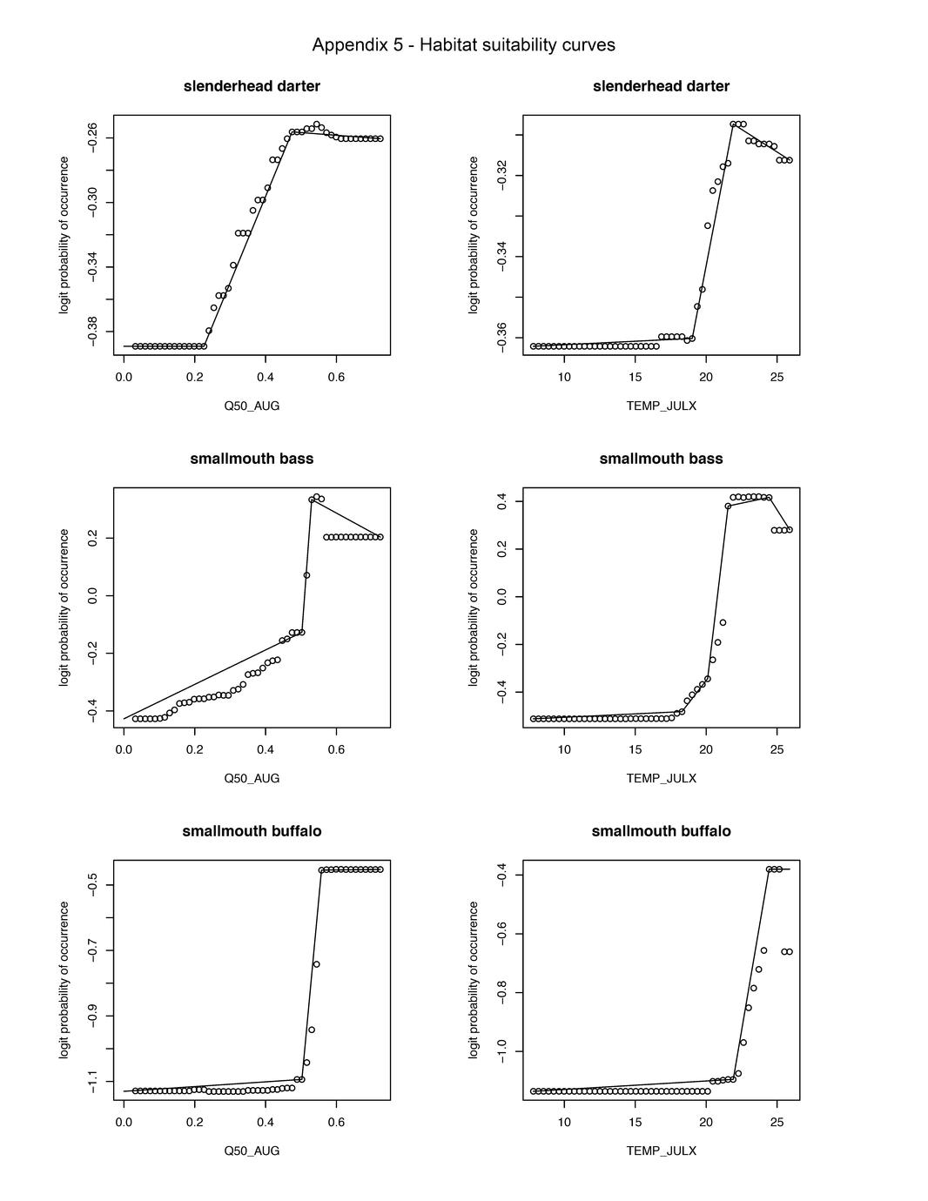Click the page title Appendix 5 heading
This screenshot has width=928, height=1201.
pos(463,45)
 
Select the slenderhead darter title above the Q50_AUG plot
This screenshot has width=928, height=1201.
pos(252,86)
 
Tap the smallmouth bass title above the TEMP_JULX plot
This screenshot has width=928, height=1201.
pos(661,459)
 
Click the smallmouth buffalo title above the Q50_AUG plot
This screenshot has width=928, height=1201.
pos(252,831)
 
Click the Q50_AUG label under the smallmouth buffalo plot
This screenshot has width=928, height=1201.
pos(252,1151)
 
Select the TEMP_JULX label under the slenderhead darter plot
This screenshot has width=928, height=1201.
pos(661,406)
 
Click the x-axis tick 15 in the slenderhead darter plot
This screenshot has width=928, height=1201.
pos(635,377)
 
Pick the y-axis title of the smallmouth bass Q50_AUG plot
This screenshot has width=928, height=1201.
pos(64,607)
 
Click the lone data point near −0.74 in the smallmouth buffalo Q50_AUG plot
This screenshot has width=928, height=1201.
pos(316,963)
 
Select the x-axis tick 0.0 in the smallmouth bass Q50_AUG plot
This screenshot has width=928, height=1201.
pos(124,749)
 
